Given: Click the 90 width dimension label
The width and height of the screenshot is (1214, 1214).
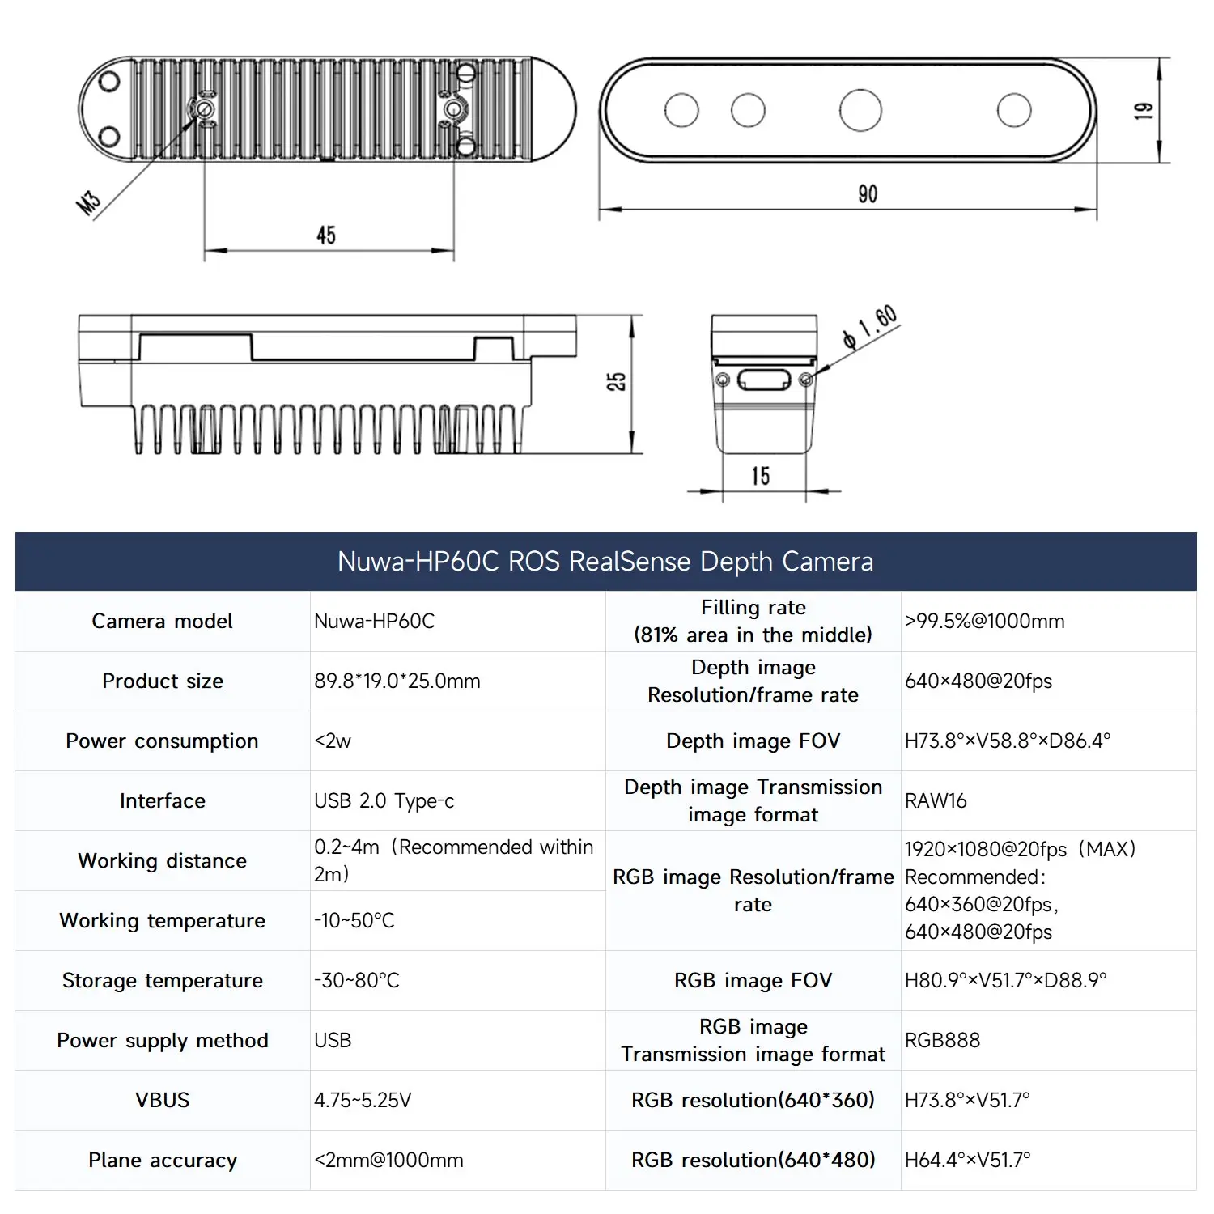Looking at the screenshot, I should (x=867, y=194).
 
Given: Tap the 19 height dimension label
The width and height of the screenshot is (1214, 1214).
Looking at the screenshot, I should (x=1143, y=111).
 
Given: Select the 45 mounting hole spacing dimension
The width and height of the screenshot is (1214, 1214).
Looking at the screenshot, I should (x=326, y=236).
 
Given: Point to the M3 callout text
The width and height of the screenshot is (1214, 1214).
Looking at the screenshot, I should (x=88, y=202).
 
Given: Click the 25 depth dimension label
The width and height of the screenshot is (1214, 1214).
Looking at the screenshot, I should (x=616, y=382).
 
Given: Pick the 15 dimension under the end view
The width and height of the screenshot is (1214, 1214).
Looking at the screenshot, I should (x=760, y=476).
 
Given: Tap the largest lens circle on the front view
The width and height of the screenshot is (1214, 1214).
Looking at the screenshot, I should (x=860, y=111).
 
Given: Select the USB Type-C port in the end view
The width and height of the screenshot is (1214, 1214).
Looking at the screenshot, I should (x=764, y=380).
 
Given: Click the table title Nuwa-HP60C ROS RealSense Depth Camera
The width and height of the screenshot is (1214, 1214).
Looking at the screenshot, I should (x=605, y=562).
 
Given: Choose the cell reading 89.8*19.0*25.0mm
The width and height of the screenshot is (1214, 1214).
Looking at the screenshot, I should (x=397, y=681).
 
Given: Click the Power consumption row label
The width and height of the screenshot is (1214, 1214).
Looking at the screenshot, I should (x=162, y=741).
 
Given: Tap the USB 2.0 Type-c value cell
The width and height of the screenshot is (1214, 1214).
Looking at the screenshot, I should (x=384, y=801).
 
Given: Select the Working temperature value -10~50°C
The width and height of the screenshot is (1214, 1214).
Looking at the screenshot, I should (x=354, y=921).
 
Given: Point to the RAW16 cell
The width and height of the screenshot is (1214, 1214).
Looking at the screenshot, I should (x=936, y=801).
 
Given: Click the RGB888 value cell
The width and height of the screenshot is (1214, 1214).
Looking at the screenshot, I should (x=942, y=1041).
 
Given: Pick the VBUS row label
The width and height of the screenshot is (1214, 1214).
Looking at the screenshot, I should (x=162, y=1101).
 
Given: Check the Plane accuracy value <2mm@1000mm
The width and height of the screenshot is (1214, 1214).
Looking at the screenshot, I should (x=389, y=1161).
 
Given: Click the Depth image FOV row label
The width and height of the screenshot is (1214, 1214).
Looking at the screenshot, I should (x=753, y=741).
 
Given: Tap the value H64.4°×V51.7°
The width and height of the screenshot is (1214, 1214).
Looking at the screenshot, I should (x=967, y=1161).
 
